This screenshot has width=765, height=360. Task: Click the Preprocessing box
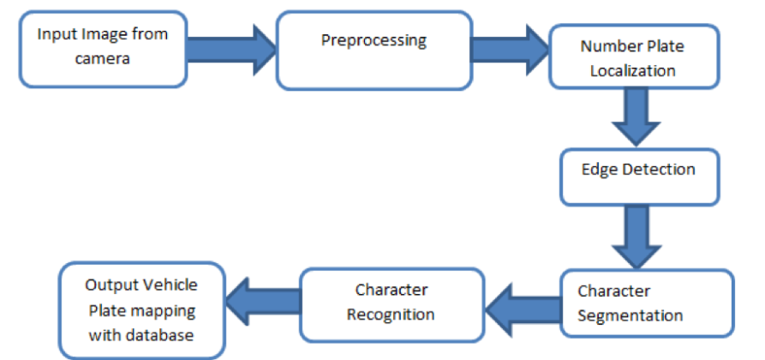tap(373, 50)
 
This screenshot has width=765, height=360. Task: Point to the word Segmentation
tap(631, 315)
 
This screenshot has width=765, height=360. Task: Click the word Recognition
tap(390, 314)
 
